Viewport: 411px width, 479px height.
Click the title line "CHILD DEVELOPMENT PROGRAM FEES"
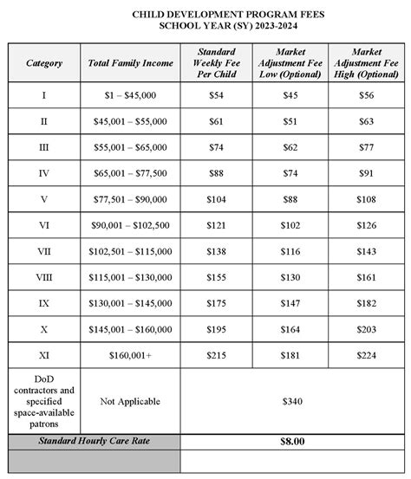205,15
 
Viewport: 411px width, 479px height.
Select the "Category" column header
43,64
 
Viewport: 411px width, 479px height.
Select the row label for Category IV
43,172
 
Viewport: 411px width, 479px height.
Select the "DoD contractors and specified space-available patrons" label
43,400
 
